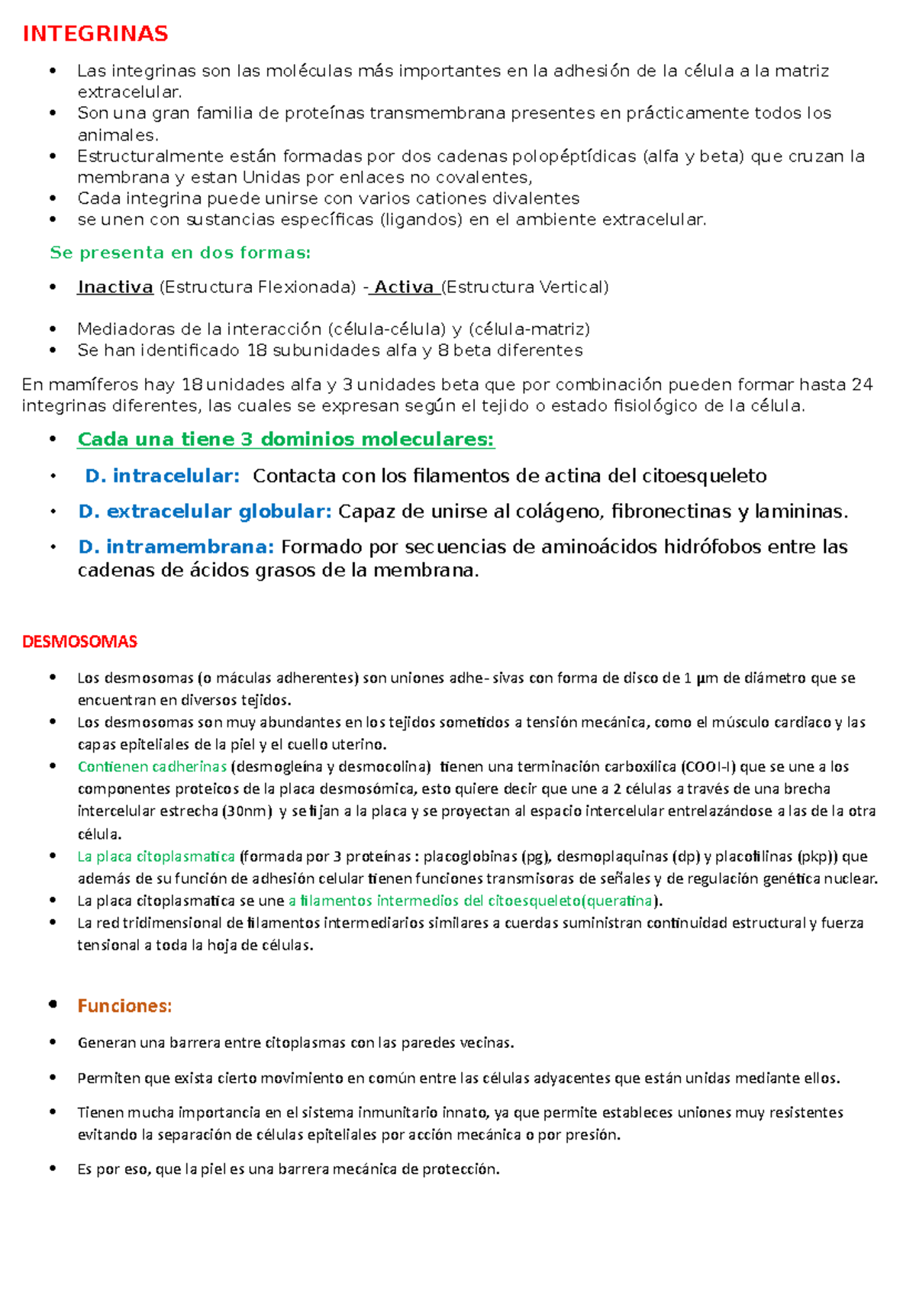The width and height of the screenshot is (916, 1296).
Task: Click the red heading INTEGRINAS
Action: coord(95,34)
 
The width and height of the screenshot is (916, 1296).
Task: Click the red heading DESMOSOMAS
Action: coord(79,641)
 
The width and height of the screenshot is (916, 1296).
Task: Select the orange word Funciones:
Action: coord(124,1006)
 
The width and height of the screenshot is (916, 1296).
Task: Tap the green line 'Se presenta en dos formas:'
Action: coord(180,253)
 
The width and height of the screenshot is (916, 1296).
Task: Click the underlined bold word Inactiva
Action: coord(115,287)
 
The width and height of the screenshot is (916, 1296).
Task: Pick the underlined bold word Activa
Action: coord(404,287)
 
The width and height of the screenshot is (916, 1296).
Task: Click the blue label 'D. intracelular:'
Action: coord(162,476)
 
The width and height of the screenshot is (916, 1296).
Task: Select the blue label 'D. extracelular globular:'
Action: coord(205,511)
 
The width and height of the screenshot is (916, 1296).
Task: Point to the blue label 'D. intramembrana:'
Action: coord(176,546)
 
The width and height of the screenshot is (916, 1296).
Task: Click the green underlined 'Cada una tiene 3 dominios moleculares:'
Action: coord(285,440)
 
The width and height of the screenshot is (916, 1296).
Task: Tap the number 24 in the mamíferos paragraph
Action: coord(862,385)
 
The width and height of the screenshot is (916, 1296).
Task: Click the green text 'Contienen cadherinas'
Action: coord(152,766)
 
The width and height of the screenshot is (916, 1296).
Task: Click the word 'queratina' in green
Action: coord(619,901)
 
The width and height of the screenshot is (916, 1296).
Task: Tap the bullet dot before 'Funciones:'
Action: coord(53,1005)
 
